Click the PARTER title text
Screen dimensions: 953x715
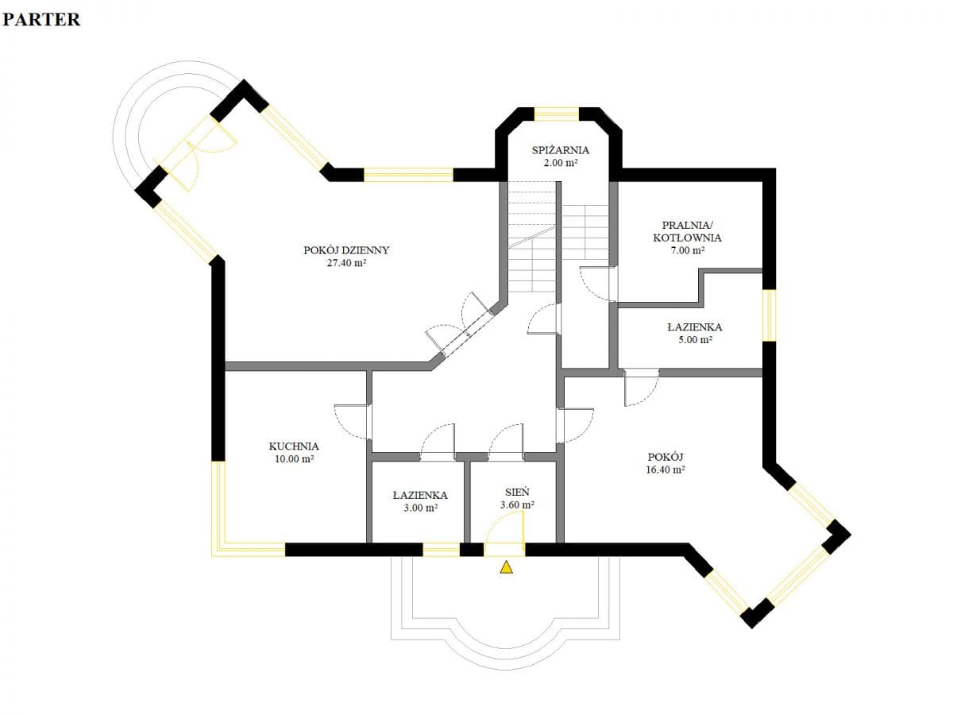pyautogui.click(x=41, y=20)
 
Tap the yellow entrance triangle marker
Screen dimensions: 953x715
pyautogui.click(x=506, y=567)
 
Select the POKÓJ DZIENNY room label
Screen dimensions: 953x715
pyautogui.click(x=346, y=250)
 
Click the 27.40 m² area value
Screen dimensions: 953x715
pyautogui.click(x=346, y=263)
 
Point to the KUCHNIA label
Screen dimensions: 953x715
pyautogui.click(x=294, y=446)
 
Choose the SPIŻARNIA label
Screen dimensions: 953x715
pyautogui.click(x=560, y=150)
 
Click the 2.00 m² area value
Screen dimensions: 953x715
pyautogui.click(x=560, y=163)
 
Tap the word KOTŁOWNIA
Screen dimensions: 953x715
pyautogui.click(x=687, y=238)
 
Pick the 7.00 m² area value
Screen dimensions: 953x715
pyautogui.click(x=687, y=250)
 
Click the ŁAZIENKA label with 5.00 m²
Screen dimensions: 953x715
pyautogui.click(x=695, y=327)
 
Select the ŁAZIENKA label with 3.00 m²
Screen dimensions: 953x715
pyautogui.click(x=420, y=495)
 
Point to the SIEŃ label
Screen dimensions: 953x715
pyautogui.click(x=517, y=493)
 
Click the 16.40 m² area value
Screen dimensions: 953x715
pyautogui.click(x=666, y=470)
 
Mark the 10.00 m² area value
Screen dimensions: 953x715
pyautogui.click(x=294, y=459)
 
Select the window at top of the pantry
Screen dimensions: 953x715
pyautogui.click(x=556, y=114)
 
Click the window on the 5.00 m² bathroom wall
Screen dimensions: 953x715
pyautogui.click(x=769, y=315)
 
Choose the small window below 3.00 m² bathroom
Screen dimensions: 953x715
pyautogui.click(x=441, y=550)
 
